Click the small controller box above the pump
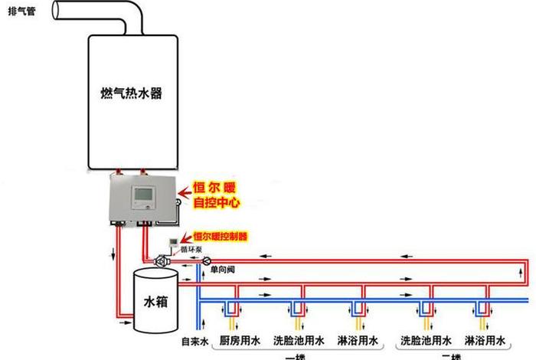pos(182,239)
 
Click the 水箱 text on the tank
pos(154,302)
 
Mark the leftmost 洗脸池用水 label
pos(299,339)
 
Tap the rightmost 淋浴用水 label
pos(484,339)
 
